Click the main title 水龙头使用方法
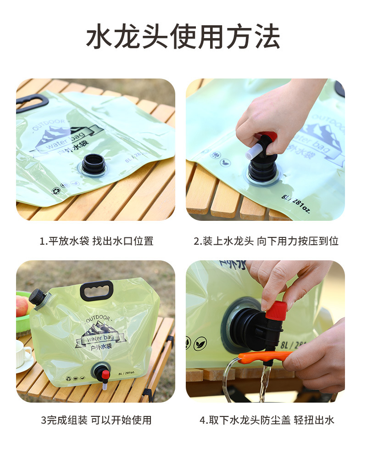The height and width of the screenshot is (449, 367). pyautogui.click(x=183, y=36)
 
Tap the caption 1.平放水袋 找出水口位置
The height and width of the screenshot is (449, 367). pyautogui.click(x=96, y=241)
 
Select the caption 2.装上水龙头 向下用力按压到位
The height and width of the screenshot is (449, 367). pyautogui.click(x=266, y=241)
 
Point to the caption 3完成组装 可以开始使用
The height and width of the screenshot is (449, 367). pyautogui.click(x=96, y=420)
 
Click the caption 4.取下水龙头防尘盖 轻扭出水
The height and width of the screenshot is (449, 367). pyautogui.click(x=267, y=420)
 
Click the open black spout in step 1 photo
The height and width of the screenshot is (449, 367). pyautogui.click(x=93, y=164)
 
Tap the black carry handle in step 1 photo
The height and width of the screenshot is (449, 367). pyautogui.click(x=32, y=102)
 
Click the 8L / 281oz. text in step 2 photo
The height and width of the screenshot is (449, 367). pyautogui.click(x=295, y=203)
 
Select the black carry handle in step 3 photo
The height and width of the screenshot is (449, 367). pyautogui.click(x=97, y=290)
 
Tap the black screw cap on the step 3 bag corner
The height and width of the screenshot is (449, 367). pyautogui.click(x=37, y=298)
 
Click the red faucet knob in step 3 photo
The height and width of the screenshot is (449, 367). pyautogui.click(x=105, y=374)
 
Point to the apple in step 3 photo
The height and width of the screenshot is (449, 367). pyautogui.click(x=22, y=306)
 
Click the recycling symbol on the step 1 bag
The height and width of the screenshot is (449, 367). pyautogui.click(x=55, y=191)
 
